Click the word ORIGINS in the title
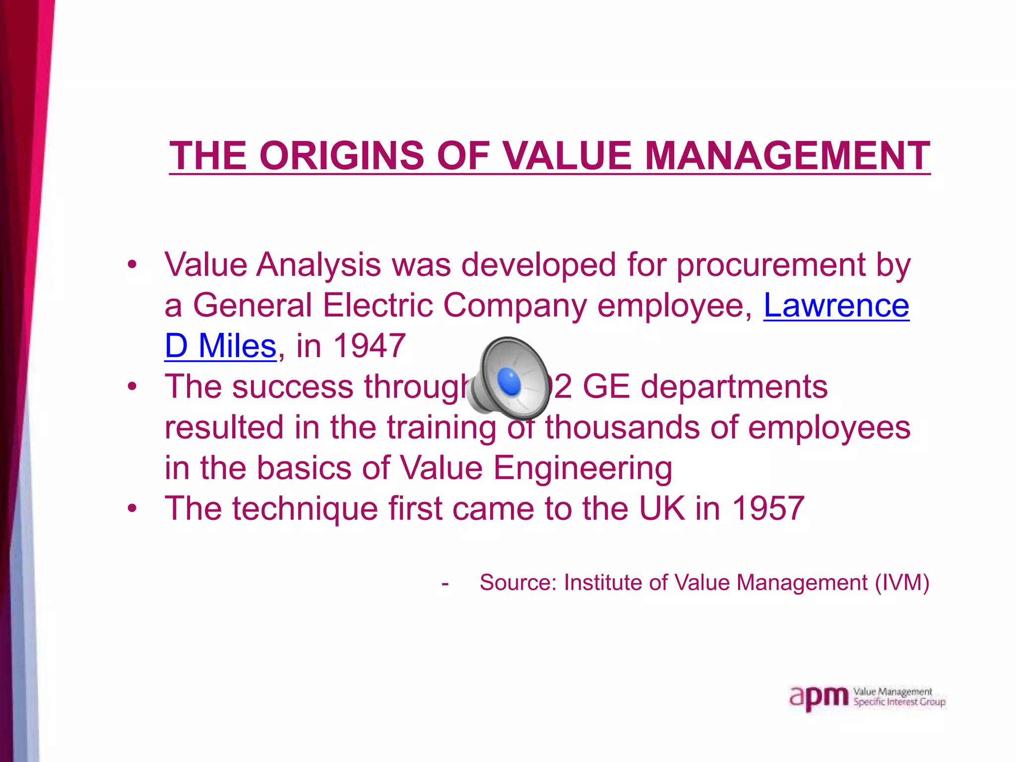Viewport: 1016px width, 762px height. [342, 155]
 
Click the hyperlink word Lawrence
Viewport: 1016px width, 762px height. [836, 305]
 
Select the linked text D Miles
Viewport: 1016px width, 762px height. [220, 346]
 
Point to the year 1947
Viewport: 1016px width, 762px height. [370, 346]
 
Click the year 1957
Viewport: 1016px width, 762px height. [768, 508]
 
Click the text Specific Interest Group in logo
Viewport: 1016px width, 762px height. [899, 702]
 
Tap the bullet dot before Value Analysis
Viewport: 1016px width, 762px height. [131, 264]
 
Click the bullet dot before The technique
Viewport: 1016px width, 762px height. [131, 508]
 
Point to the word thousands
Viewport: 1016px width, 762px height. [623, 427]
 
